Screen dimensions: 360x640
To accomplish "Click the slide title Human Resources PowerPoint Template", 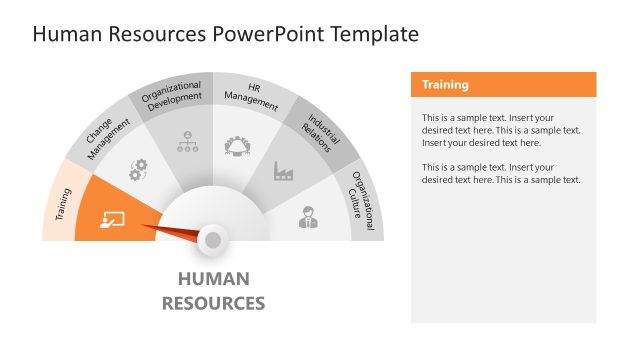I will [x=225, y=35].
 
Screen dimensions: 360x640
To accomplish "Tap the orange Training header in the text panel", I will [x=445, y=85].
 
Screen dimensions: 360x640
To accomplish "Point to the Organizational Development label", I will [x=173, y=96].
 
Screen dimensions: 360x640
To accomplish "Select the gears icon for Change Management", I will [x=138, y=170].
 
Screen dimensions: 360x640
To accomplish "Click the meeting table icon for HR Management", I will [x=239, y=144].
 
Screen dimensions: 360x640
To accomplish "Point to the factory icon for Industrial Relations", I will [x=285, y=172].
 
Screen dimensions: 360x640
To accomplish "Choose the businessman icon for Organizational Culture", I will [x=310, y=217].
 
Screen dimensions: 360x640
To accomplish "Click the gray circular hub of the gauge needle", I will [x=212, y=239].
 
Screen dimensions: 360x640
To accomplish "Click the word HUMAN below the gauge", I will [x=213, y=279].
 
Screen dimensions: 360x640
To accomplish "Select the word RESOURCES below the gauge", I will [x=213, y=303].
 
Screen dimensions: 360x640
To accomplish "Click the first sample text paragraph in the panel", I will [x=501, y=130].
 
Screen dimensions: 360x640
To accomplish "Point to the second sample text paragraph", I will [x=501, y=173].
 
